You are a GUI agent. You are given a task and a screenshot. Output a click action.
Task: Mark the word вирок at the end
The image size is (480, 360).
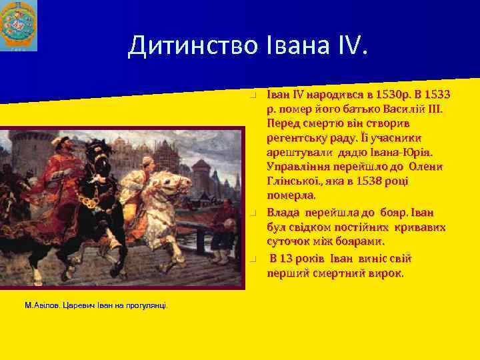387,273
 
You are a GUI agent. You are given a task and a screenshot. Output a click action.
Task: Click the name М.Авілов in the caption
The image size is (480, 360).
42,305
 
